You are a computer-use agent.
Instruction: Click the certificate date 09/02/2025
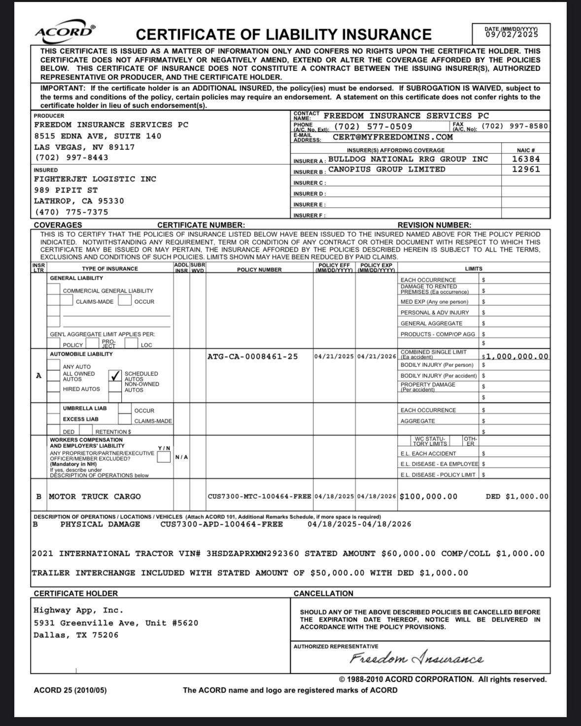pos(511,35)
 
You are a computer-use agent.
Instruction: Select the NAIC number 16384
pos(525,159)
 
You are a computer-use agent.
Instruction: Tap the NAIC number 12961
pos(525,169)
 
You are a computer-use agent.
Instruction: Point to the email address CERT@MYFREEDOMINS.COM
pos(392,137)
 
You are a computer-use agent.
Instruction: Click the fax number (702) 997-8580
pos(514,126)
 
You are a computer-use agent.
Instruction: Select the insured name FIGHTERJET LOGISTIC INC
pos(95,179)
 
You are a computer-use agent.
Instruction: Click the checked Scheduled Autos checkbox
pos(115,376)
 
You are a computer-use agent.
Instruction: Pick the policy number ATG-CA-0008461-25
pos(252,356)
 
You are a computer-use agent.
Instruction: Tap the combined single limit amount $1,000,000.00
pos(515,356)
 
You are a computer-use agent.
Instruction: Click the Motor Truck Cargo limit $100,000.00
pos(428,497)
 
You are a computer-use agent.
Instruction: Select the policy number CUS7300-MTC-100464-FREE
pos(259,497)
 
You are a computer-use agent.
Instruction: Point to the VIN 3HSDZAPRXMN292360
pos(252,553)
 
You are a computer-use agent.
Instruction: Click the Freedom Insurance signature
pos(416,659)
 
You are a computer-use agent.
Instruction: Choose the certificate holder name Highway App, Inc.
pos(78,611)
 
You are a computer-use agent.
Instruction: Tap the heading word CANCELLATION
pos(323,593)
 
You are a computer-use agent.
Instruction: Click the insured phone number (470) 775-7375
pos(71,212)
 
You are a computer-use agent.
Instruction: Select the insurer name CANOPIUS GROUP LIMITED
pos(386,169)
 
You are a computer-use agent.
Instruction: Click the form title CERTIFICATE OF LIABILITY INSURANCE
pos(283,35)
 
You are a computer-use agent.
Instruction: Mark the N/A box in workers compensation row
pos(182,457)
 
